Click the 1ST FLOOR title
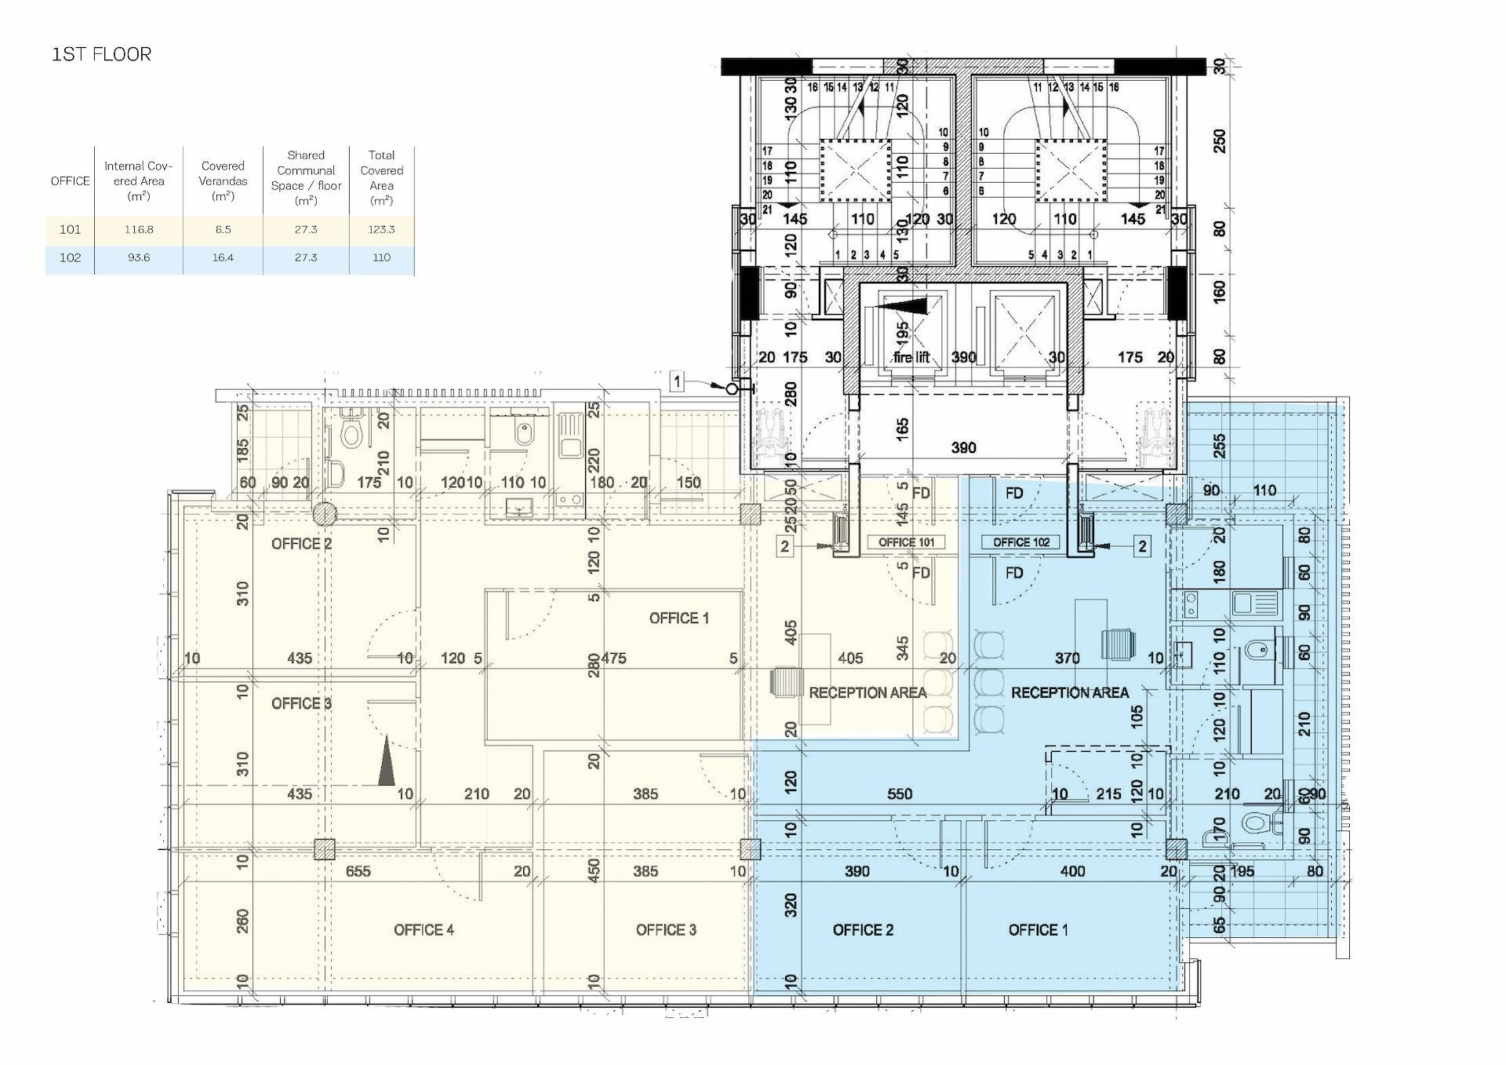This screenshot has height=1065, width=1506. pos(101,54)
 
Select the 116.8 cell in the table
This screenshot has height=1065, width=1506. pos(139,229)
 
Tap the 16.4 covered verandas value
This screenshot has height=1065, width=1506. pos(223,257)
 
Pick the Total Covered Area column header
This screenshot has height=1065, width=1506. pos(381,177)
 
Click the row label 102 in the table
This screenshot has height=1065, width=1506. pos(70,257)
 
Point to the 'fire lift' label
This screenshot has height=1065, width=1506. pos(911,358)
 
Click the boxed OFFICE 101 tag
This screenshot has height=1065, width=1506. pos(906,542)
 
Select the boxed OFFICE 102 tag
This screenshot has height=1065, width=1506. pos(1021,542)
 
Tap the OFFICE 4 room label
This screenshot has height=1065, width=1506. pos(424,930)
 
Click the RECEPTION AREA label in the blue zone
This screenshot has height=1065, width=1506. pos(1069,693)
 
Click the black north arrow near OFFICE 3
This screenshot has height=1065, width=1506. pos(386,760)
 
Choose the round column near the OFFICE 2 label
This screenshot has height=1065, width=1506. pos(325,515)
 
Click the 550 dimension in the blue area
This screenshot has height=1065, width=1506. pos(900,794)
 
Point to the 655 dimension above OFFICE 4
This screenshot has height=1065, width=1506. pos(358,871)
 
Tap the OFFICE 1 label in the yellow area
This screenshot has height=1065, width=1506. pos(678,618)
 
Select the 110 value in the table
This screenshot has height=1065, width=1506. pos(381,257)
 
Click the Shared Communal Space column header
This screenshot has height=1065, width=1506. pos(306,177)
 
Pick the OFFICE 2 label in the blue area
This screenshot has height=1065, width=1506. pos(863,930)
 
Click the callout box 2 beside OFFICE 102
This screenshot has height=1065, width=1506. pos(1142,546)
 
